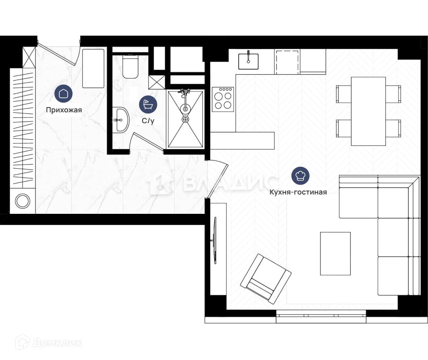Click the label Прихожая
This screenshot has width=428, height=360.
click(x=64, y=110)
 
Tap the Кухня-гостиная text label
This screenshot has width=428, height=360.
click(x=298, y=192)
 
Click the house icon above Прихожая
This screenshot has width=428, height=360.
click(x=64, y=94)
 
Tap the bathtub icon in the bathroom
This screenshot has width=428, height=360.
click(x=148, y=104)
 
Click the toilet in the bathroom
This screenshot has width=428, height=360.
click(x=130, y=66)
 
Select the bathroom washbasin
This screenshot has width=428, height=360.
click(x=120, y=120)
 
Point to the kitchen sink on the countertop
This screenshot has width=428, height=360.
click(x=248, y=61)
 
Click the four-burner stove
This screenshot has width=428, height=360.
click(x=223, y=99)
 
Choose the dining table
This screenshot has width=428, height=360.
click(x=368, y=111)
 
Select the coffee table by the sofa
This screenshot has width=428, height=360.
click(x=335, y=253)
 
